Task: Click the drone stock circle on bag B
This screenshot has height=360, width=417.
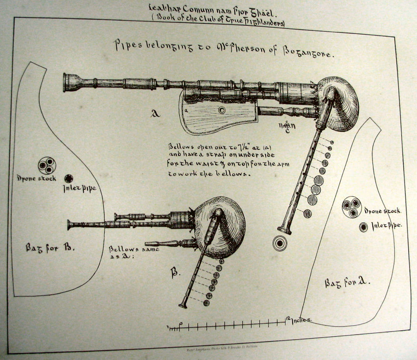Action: [x=47, y=166]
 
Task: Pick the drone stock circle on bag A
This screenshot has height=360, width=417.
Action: [x=352, y=208]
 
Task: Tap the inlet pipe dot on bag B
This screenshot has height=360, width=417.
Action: [x=69, y=179]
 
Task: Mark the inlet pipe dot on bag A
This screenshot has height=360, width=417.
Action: [x=364, y=227]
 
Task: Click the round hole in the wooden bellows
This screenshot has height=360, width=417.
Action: [x=222, y=110]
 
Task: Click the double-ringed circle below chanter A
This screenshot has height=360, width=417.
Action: [x=279, y=243]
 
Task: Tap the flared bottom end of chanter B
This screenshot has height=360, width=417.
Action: [x=183, y=305]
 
